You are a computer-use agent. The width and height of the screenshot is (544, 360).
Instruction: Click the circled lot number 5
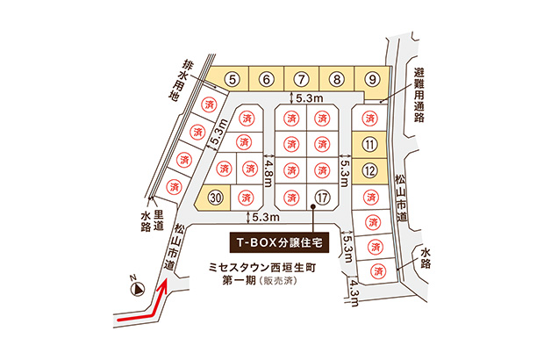[x=232, y=79]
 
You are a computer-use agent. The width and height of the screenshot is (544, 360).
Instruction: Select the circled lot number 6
[x=266, y=79]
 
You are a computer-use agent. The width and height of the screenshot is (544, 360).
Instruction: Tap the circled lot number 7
[x=301, y=79]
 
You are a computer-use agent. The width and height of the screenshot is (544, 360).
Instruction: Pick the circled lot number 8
[x=336, y=79]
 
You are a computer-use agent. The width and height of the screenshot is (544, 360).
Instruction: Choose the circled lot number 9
[x=371, y=79]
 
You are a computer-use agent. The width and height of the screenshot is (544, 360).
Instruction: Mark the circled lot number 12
[x=369, y=169]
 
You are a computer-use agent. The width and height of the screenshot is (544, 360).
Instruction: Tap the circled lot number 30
[x=216, y=197]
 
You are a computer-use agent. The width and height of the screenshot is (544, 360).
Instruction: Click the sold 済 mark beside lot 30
[x=246, y=197]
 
